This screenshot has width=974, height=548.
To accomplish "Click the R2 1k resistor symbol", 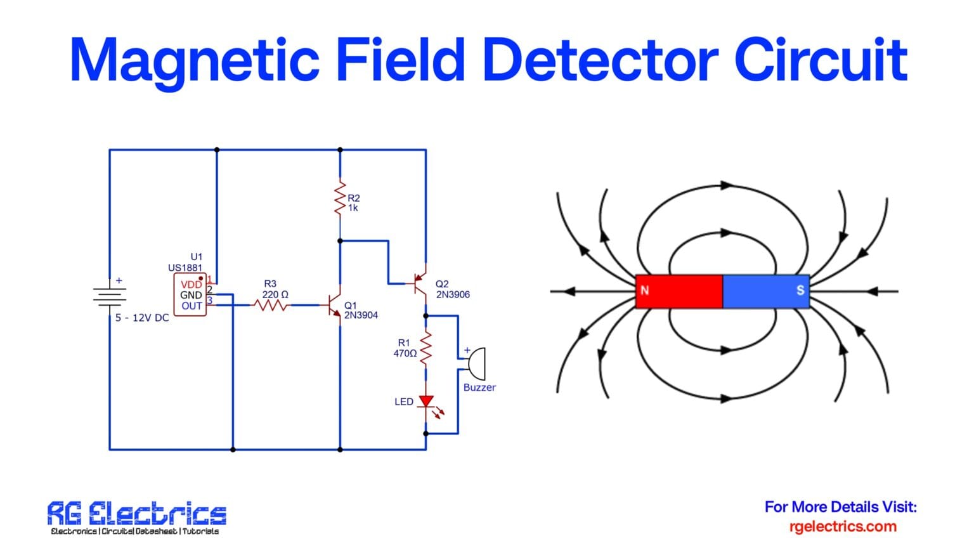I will pyautogui.click(x=340, y=198).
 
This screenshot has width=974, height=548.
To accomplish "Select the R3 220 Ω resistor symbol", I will pyautogui.click(x=271, y=305).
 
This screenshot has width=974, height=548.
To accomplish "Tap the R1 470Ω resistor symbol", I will pyautogui.click(x=426, y=348).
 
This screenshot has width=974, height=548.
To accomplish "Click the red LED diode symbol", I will pyautogui.click(x=427, y=401).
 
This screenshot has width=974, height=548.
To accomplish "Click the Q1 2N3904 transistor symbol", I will pyautogui.click(x=334, y=306).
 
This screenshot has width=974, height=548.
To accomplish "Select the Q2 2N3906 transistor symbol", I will pyautogui.click(x=419, y=283).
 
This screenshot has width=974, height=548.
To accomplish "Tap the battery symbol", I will pyautogui.click(x=110, y=296).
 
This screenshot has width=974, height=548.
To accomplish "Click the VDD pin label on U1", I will pyautogui.click(x=191, y=285).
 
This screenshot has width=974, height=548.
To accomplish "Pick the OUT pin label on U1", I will pyautogui.click(x=192, y=306).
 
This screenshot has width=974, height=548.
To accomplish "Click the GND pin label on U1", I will pyautogui.click(x=191, y=295).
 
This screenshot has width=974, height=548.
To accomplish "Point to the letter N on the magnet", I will pyautogui.click(x=645, y=290).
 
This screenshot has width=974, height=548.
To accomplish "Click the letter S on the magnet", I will pyautogui.click(x=800, y=290).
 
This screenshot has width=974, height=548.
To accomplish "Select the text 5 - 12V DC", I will pyautogui.click(x=142, y=318).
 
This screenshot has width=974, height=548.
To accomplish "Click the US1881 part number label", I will pyautogui.click(x=185, y=268).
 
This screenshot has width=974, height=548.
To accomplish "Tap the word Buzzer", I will pyautogui.click(x=479, y=388).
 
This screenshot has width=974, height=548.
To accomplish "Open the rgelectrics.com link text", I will pyautogui.click(x=843, y=526).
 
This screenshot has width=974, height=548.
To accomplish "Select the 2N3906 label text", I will pyautogui.click(x=453, y=294).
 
